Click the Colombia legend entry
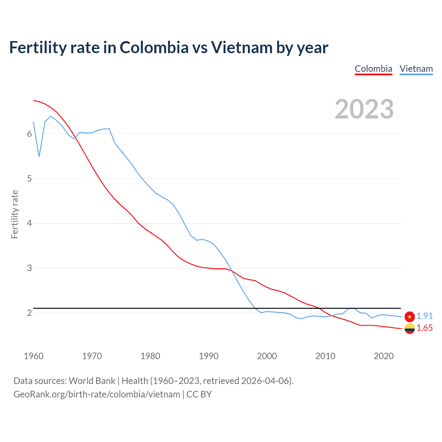(x=373, y=69)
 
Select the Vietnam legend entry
(x=416, y=69)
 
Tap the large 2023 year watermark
(x=364, y=109)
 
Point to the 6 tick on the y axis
(x=29, y=134)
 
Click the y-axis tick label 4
(x=29, y=223)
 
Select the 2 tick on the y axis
(x=29, y=313)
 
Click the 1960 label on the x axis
(x=33, y=356)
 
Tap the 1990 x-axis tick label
(x=209, y=356)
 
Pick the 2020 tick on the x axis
(x=384, y=356)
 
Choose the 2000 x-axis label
(x=267, y=356)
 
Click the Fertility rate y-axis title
(x=15, y=214)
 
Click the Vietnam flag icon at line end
(x=410, y=316)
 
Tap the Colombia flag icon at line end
(x=410, y=328)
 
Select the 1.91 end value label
(x=424, y=316)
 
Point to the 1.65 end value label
(x=424, y=328)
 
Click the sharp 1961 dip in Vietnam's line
(x=39, y=156)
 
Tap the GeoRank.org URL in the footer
(x=97, y=394)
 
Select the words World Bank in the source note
(x=92, y=381)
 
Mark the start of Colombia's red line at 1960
(x=33, y=100)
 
